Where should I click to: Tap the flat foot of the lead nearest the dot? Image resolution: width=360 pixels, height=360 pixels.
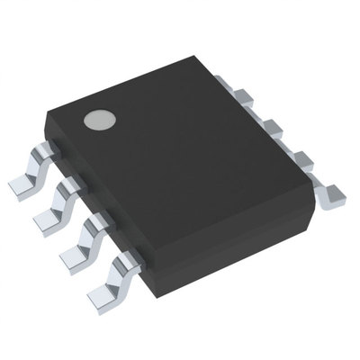tap(22, 185)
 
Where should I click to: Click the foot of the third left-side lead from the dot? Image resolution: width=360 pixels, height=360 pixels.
tap(74, 255)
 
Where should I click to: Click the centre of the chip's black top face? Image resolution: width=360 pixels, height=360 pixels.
tap(180, 162)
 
